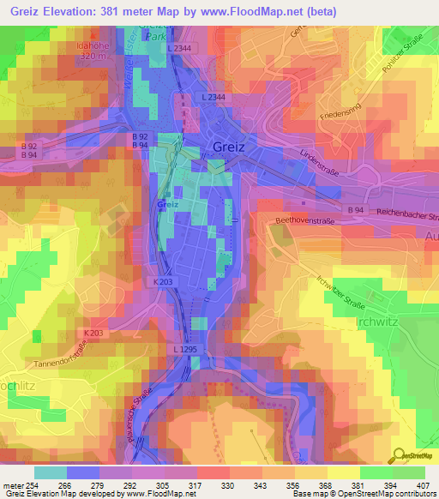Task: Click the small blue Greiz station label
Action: (167, 204)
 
